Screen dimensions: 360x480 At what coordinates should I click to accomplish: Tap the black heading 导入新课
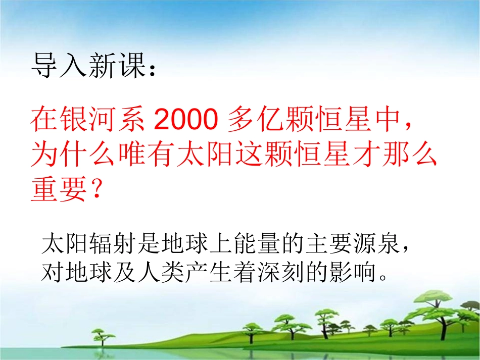(x=88, y=66)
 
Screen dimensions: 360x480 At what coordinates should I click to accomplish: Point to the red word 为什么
(x=72, y=156)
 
